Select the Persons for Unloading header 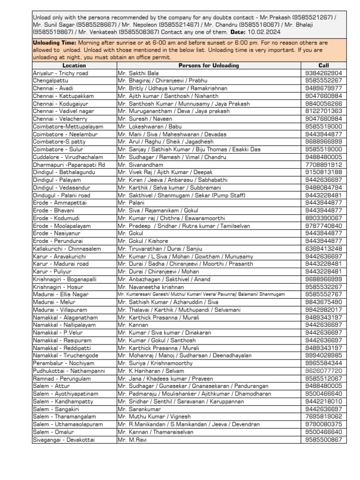209,66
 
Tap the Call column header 323,66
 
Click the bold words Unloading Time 55,43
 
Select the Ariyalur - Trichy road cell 60,73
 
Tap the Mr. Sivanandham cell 141,165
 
